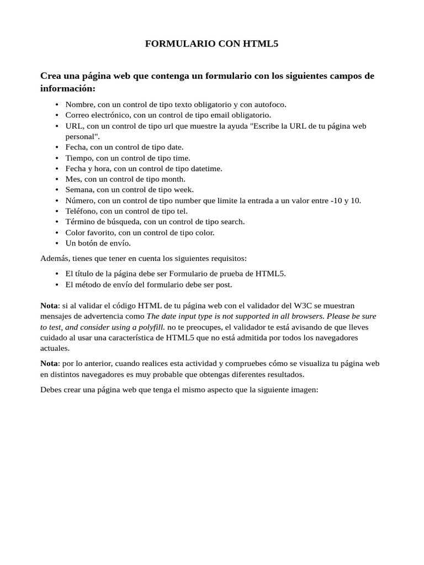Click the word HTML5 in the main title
tap(261, 44)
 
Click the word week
tap(182, 190)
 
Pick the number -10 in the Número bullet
tap(336, 200)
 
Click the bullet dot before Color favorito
tap(57, 232)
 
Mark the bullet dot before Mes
tap(57, 179)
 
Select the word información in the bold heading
tap(67, 88)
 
